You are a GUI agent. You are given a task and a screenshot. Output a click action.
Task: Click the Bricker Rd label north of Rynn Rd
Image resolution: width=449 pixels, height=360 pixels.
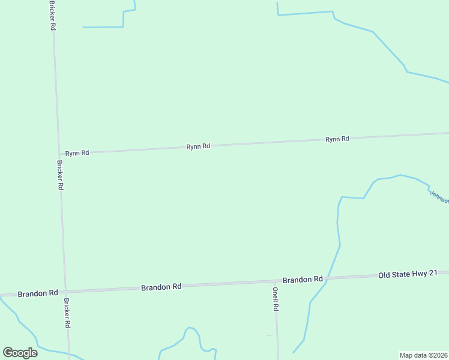pyautogui.click(x=53, y=16)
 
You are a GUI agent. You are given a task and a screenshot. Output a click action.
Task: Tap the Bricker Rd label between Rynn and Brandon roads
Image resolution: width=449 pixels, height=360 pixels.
pyautogui.click(x=60, y=175)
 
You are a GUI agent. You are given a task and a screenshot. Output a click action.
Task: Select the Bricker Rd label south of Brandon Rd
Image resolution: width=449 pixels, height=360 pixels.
pyautogui.click(x=67, y=313)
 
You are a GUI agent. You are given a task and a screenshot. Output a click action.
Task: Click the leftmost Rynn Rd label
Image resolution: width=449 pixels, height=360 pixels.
pyautogui.click(x=77, y=153)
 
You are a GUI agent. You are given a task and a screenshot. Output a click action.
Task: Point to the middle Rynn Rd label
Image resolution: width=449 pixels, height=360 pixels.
pyautogui.click(x=198, y=146)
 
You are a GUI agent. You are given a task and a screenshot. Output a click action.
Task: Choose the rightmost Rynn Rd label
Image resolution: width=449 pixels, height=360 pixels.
pyautogui.click(x=337, y=139)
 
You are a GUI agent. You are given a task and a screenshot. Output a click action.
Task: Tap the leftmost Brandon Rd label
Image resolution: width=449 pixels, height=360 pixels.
pyautogui.click(x=38, y=293)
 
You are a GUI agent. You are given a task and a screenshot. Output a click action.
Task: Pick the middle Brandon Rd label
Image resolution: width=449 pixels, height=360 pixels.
pyautogui.click(x=161, y=287)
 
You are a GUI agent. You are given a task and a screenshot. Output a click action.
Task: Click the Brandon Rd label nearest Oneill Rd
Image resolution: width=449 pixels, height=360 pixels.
pyautogui.click(x=303, y=280)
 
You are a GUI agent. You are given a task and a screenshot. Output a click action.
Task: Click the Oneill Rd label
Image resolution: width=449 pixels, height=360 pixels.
pyautogui.click(x=276, y=298)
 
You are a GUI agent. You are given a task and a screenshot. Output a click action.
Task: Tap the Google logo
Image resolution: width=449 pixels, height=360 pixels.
pyautogui.click(x=20, y=353)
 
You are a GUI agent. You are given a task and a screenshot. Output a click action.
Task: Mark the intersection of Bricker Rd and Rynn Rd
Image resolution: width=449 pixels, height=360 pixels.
pyautogui.click(x=58, y=154)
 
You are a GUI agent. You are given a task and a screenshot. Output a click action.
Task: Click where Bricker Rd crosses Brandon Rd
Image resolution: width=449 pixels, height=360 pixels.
pyautogui.click(x=65, y=291)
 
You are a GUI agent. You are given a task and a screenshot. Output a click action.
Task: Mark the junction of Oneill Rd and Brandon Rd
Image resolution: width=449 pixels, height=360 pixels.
pyautogui.click(x=276, y=281)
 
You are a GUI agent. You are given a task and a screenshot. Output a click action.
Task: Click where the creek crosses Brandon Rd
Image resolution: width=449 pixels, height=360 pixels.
pyautogui.click(x=328, y=278)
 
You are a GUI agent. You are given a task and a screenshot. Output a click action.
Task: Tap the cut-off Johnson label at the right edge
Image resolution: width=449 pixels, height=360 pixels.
pyautogui.click(x=439, y=197)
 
